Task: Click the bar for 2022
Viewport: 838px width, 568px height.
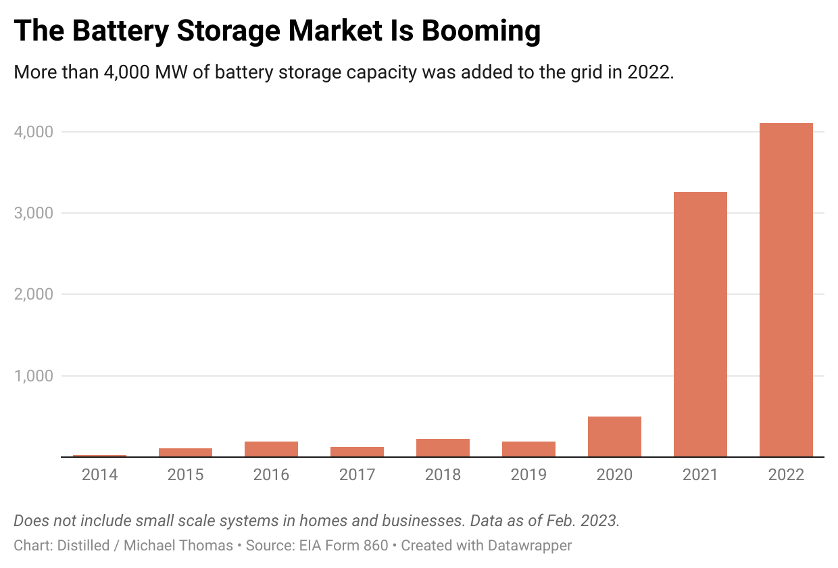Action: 786,290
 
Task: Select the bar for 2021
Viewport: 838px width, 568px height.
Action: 700,325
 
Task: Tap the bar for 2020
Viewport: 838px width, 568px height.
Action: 614,437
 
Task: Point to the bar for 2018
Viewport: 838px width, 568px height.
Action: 443,448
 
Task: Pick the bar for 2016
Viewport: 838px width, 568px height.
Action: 271,449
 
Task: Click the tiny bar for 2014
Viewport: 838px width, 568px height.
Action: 99,456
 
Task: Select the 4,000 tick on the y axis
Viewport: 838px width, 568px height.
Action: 33,132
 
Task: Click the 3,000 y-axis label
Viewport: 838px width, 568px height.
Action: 33,213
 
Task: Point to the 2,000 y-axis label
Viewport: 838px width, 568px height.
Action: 33,294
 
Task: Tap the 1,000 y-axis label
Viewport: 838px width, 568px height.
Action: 33,376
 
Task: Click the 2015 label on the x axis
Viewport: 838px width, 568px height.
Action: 185,475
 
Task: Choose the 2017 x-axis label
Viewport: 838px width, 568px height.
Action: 357,475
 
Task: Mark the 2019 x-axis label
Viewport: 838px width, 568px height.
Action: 528,475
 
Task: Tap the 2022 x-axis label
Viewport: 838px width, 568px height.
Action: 786,475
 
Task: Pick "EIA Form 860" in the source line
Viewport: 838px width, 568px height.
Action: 343,545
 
